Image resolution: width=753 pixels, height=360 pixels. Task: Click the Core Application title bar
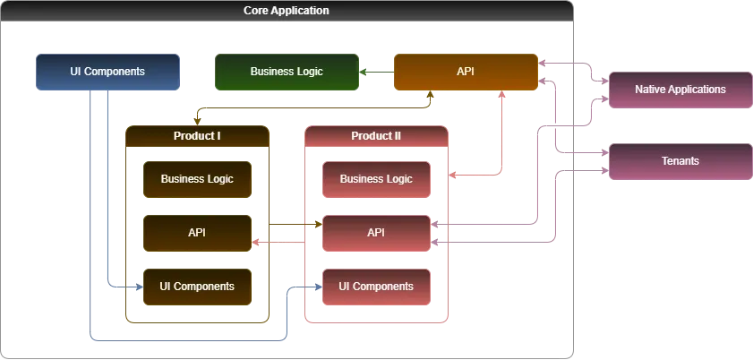point(287,11)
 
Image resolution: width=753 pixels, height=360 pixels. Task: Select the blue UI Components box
point(107,72)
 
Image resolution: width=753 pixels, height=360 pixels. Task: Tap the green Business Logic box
point(287,72)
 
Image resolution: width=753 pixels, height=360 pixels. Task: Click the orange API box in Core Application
point(466,72)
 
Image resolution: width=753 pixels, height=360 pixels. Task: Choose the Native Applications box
point(680,90)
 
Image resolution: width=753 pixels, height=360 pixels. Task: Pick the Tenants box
point(680,161)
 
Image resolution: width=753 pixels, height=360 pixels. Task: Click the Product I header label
point(197,136)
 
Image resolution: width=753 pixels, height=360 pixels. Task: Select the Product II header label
point(376,136)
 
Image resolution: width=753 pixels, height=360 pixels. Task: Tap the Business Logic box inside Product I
point(197,179)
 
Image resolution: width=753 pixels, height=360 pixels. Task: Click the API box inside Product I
point(197,233)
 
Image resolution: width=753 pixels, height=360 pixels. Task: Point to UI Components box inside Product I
point(197,287)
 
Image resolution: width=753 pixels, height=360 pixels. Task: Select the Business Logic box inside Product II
point(376,179)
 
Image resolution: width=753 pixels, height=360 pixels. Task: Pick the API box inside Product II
point(376,233)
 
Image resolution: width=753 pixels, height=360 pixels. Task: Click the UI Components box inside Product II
point(376,287)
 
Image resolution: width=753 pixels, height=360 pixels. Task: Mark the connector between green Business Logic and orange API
point(376,72)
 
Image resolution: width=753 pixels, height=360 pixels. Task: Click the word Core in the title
point(257,11)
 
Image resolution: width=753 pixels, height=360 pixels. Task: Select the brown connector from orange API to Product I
point(313,106)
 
